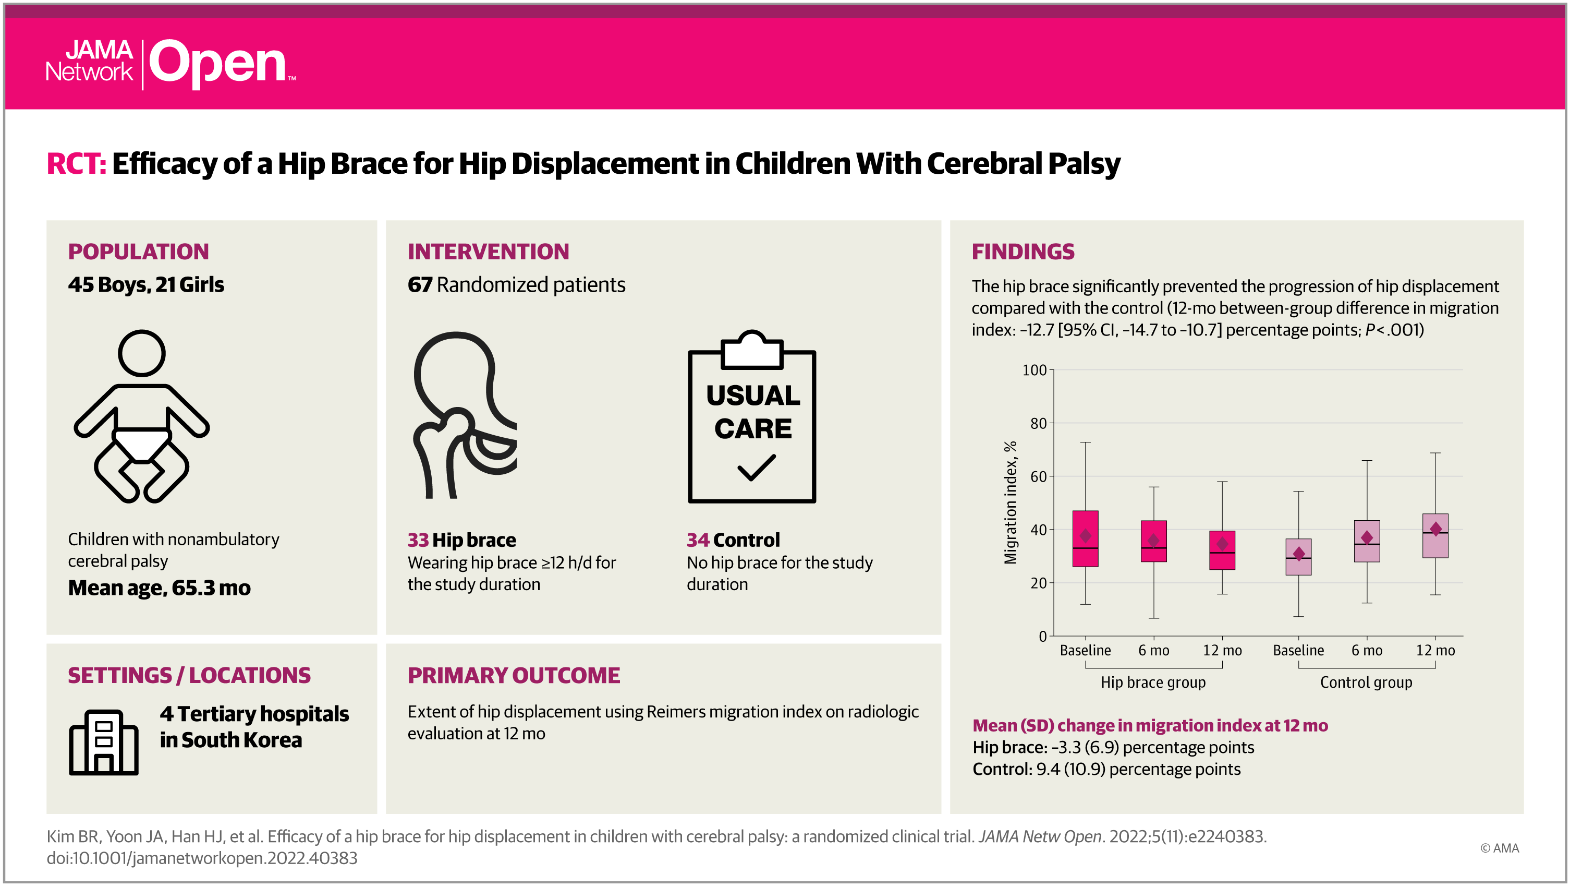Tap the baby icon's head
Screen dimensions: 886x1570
coord(141,353)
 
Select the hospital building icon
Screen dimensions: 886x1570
coord(104,742)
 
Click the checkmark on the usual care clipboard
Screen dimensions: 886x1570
coord(757,468)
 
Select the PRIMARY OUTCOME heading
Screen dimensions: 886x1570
coord(513,675)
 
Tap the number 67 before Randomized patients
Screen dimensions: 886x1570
coord(420,285)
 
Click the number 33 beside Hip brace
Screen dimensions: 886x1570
coord(418,540)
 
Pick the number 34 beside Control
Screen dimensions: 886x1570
coord(697,540)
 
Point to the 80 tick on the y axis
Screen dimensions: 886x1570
coord(1038,423)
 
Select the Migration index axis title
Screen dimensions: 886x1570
coord(1010,502)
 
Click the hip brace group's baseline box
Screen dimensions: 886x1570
coord(1085,538)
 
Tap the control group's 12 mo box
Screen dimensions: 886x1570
coord(1435,535)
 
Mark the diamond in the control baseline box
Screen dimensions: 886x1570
coord(1299,554)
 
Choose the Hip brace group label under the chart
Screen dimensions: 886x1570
coord(1152,683)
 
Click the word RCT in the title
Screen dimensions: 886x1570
coord(76,163)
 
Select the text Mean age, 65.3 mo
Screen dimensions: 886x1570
coord(159,588)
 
